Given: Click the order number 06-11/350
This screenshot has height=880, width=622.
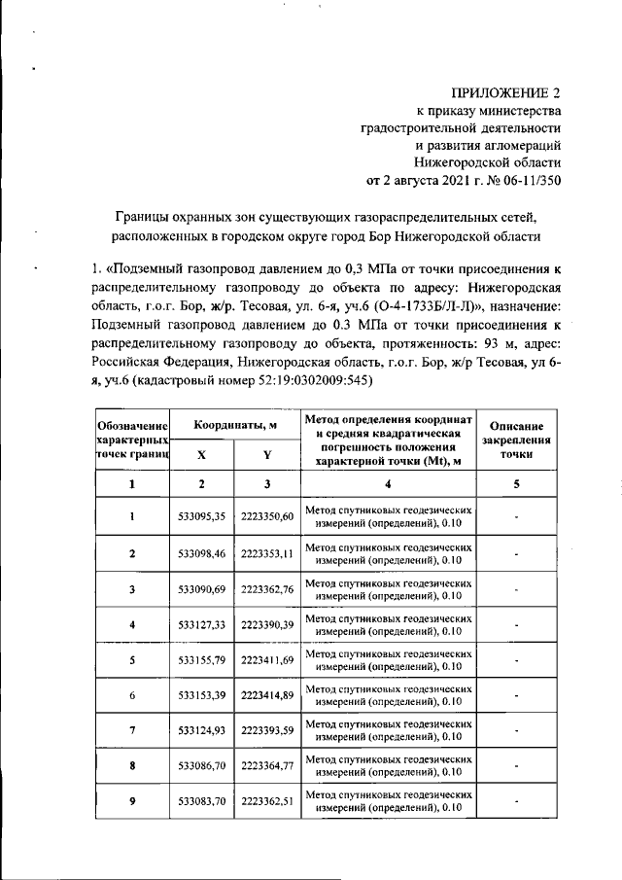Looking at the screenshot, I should point(525,180).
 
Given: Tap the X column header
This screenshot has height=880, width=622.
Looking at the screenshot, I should point(201,454).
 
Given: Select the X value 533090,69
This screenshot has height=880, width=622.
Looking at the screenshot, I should point(201,589).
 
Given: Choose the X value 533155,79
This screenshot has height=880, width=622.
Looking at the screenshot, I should point(201,659).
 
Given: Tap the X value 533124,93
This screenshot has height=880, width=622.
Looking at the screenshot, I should point(201,729).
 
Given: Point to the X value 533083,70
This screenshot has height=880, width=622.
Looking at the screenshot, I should point(201,800).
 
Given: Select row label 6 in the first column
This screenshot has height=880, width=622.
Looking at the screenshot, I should point(132,694).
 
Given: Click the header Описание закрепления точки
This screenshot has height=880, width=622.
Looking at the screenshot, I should point(517,440).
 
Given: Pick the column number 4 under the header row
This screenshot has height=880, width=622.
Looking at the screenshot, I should point(389,483).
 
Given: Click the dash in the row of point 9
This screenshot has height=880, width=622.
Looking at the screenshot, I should point(517,801).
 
